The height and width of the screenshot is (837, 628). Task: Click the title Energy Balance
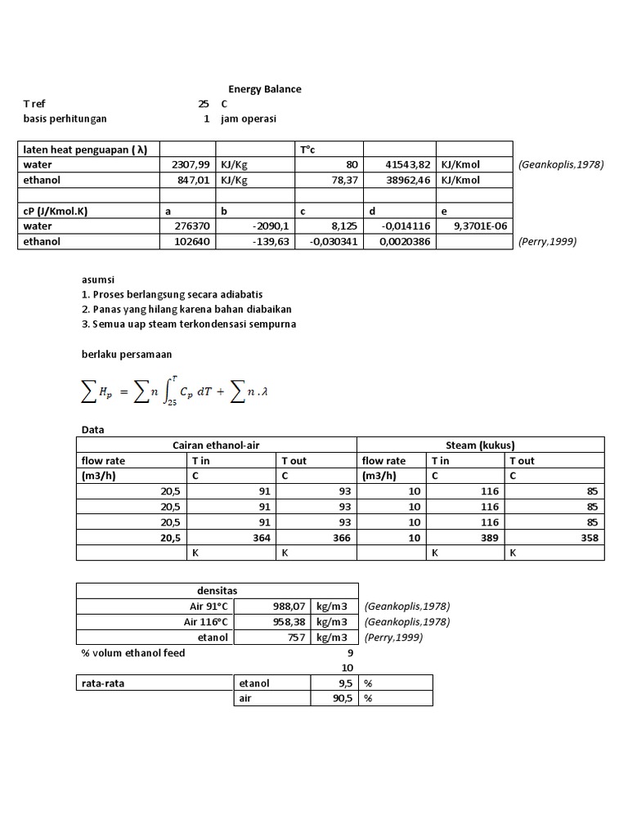click(263, 88)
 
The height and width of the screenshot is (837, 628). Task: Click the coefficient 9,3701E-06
click(476, 226)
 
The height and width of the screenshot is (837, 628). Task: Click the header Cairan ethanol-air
click(216, 445)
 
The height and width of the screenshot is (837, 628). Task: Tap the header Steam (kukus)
click(479, 445)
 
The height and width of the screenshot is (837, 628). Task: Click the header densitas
click(217, 590)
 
